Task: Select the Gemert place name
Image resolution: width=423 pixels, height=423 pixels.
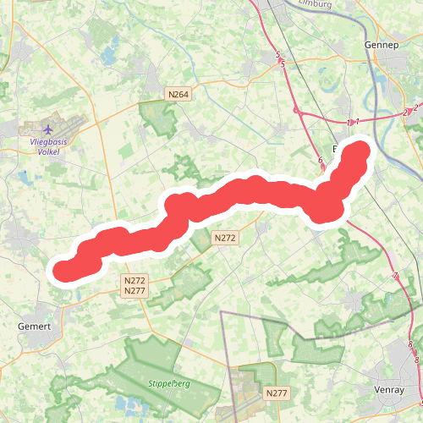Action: point(35,327)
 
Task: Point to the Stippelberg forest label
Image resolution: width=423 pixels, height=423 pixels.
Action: point(168,383)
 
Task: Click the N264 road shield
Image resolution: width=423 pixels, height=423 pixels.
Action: point(178,94)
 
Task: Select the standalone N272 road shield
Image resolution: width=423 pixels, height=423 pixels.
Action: point(224,239)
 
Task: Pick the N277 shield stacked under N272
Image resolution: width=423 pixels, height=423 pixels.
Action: point(135,291)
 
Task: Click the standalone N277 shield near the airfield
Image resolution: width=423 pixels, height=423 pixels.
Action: point(277,393)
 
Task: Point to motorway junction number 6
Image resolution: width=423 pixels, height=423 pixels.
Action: point(321,161)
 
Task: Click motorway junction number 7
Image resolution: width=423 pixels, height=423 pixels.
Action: point(395,277)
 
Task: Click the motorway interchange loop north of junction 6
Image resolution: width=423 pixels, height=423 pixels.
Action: point(299,111)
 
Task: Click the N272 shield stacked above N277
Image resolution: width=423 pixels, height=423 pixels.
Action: point(135,280)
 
